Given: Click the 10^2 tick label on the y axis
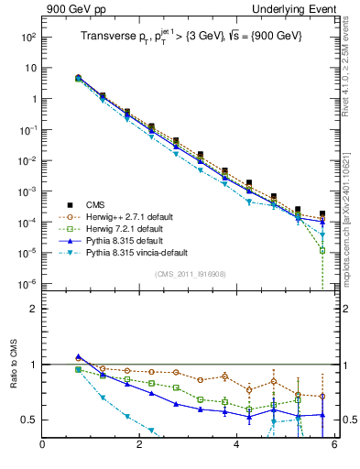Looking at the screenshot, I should [27, 38].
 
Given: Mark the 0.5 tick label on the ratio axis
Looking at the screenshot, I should [27, 420].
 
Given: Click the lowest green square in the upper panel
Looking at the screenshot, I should [322, 250].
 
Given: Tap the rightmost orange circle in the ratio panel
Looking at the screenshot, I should [322, 397].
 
